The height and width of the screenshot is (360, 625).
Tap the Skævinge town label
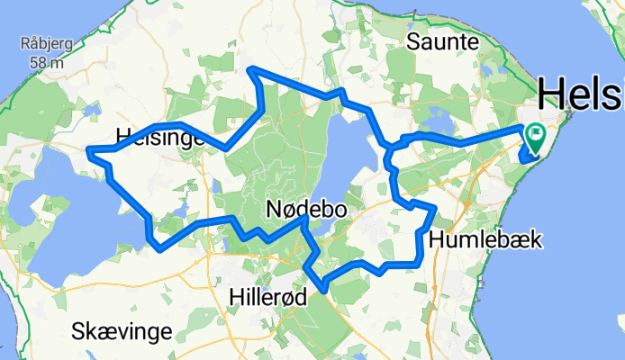[122, 331]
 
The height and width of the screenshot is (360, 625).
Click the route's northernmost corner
[252, 69]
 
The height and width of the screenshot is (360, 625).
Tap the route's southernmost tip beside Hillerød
[322, 290]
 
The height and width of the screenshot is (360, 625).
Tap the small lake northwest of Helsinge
[94, 112]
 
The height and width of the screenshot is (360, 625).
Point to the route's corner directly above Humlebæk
[435, 208]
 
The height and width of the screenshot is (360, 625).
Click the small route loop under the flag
[529, 157]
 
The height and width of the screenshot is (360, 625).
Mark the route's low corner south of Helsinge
[159, 249]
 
